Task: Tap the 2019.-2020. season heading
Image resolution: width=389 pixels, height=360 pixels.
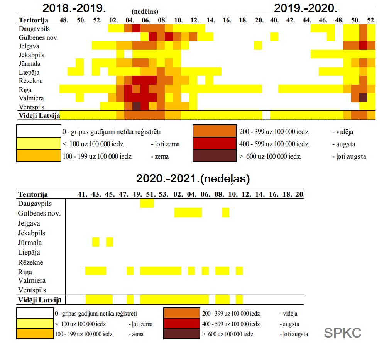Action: [x=306, y=8]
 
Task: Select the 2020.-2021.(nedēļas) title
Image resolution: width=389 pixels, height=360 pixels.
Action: [x=193, y=179]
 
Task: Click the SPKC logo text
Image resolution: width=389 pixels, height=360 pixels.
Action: [x=343, y=333]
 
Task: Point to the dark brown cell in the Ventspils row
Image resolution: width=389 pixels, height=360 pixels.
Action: [x=137, y=106]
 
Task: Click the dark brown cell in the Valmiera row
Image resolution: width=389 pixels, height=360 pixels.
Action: [x=363, y=97]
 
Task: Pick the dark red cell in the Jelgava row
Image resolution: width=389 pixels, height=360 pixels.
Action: [x=363, y=46]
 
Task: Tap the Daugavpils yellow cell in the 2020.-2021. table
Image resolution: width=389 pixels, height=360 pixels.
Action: [x=147, y=203]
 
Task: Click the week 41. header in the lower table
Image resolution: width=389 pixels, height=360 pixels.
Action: [x=82, y=194]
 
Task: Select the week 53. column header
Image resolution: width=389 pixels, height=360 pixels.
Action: [x=164, y=194]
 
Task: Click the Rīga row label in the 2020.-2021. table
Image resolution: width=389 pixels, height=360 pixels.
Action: [x=25, y=272]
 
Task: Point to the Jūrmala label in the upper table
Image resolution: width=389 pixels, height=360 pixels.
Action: [x=29, y=63]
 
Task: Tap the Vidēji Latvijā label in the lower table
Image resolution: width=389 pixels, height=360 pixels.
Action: [x=40, y=300]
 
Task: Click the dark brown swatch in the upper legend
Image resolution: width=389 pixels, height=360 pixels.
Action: [x=214, y=156]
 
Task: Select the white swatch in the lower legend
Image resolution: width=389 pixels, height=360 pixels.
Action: [x=35, y=313]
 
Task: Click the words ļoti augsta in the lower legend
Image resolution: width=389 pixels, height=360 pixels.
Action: [x=294, y=334]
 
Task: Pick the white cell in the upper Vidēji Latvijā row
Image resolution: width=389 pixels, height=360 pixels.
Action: [x=266, y=115]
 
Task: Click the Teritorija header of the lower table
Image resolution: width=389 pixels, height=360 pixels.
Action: [x=32, y=194]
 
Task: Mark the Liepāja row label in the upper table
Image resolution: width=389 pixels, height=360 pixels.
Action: [x=29, y=72]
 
